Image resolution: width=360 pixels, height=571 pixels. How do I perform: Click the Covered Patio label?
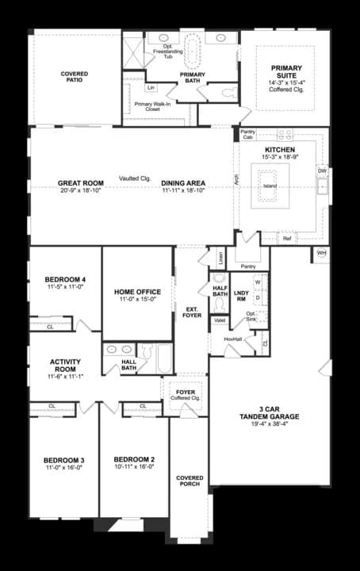pos(75,77)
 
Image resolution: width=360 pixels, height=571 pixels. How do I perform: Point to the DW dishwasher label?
pos(322,171)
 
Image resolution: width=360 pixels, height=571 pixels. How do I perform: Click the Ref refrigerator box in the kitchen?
pos(286,237)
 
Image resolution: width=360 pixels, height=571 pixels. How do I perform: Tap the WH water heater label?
pos(321,253)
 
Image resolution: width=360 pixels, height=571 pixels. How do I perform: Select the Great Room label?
pos(80,183)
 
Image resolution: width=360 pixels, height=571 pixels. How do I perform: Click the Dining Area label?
pos(183,183)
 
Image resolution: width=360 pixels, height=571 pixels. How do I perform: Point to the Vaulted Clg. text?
pos(135,178)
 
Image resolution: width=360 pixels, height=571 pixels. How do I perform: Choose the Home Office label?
pos(137,292)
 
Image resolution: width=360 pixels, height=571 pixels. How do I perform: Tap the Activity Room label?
pos(65,365)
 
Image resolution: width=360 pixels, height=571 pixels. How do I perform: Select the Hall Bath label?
pos(128,364)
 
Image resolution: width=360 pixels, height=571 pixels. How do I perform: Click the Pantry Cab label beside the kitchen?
pos(247,133)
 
